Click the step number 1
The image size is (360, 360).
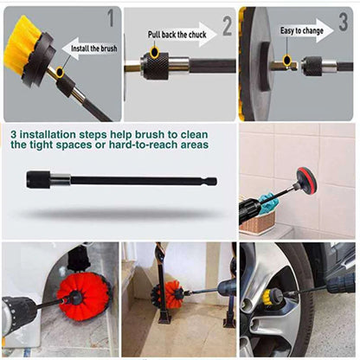click(x=109, y=17)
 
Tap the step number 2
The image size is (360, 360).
click(x=227, y=28)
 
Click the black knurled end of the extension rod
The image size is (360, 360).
click(x=39, y=180)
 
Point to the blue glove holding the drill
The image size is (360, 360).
click(x=268, y=204)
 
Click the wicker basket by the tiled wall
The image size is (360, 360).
click(x=257, y=222)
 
